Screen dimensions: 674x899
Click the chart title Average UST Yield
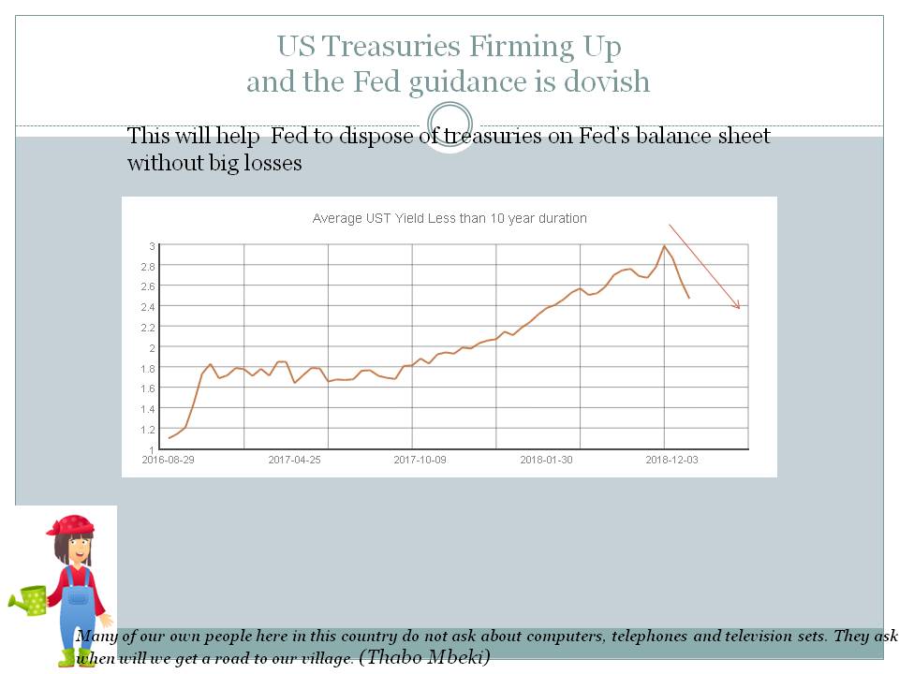[x=449, y=218]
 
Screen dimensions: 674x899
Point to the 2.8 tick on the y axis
[x=149, y=267]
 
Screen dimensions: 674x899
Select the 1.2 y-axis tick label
[x=149, y=430]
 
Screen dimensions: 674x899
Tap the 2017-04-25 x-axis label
[x=294, y=460]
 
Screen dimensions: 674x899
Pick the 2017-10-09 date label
[x=420, y=460]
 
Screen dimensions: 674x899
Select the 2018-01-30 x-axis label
[x=546, y=460]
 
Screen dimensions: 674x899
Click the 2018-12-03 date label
[x=671, y=460]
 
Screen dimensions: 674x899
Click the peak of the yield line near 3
[x=664, y=246]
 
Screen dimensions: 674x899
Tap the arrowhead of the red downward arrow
[x=738, y=306]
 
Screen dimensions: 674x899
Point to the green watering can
[x=31, y=599]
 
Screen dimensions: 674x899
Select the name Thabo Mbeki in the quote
[x=424, y=657]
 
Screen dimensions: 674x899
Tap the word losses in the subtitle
[x=273, y=163]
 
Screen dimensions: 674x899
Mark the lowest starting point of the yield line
[x=169, y=437]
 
